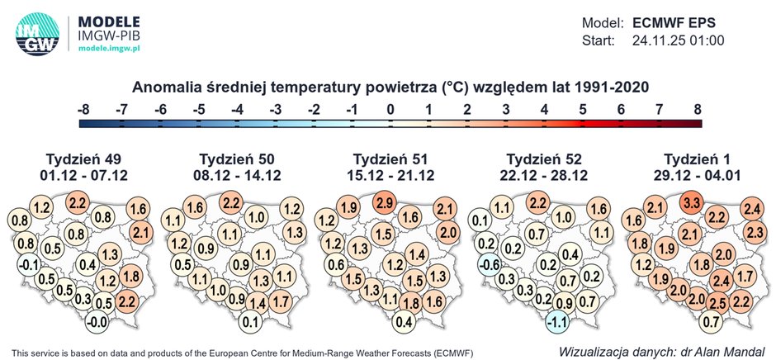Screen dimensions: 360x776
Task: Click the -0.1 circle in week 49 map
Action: click(x=28, y=264)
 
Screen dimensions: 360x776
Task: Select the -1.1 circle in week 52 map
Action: click(x=559, y=321)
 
